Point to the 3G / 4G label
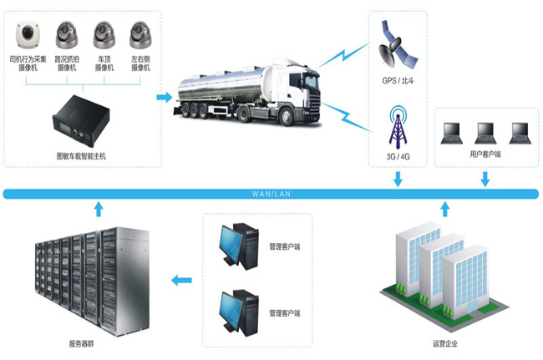[398, 156]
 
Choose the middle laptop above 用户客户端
[485, 131]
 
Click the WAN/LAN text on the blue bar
[270, 194]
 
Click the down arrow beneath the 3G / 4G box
[398, 178]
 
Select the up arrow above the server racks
[99, 209]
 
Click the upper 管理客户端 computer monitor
[234, 242]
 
